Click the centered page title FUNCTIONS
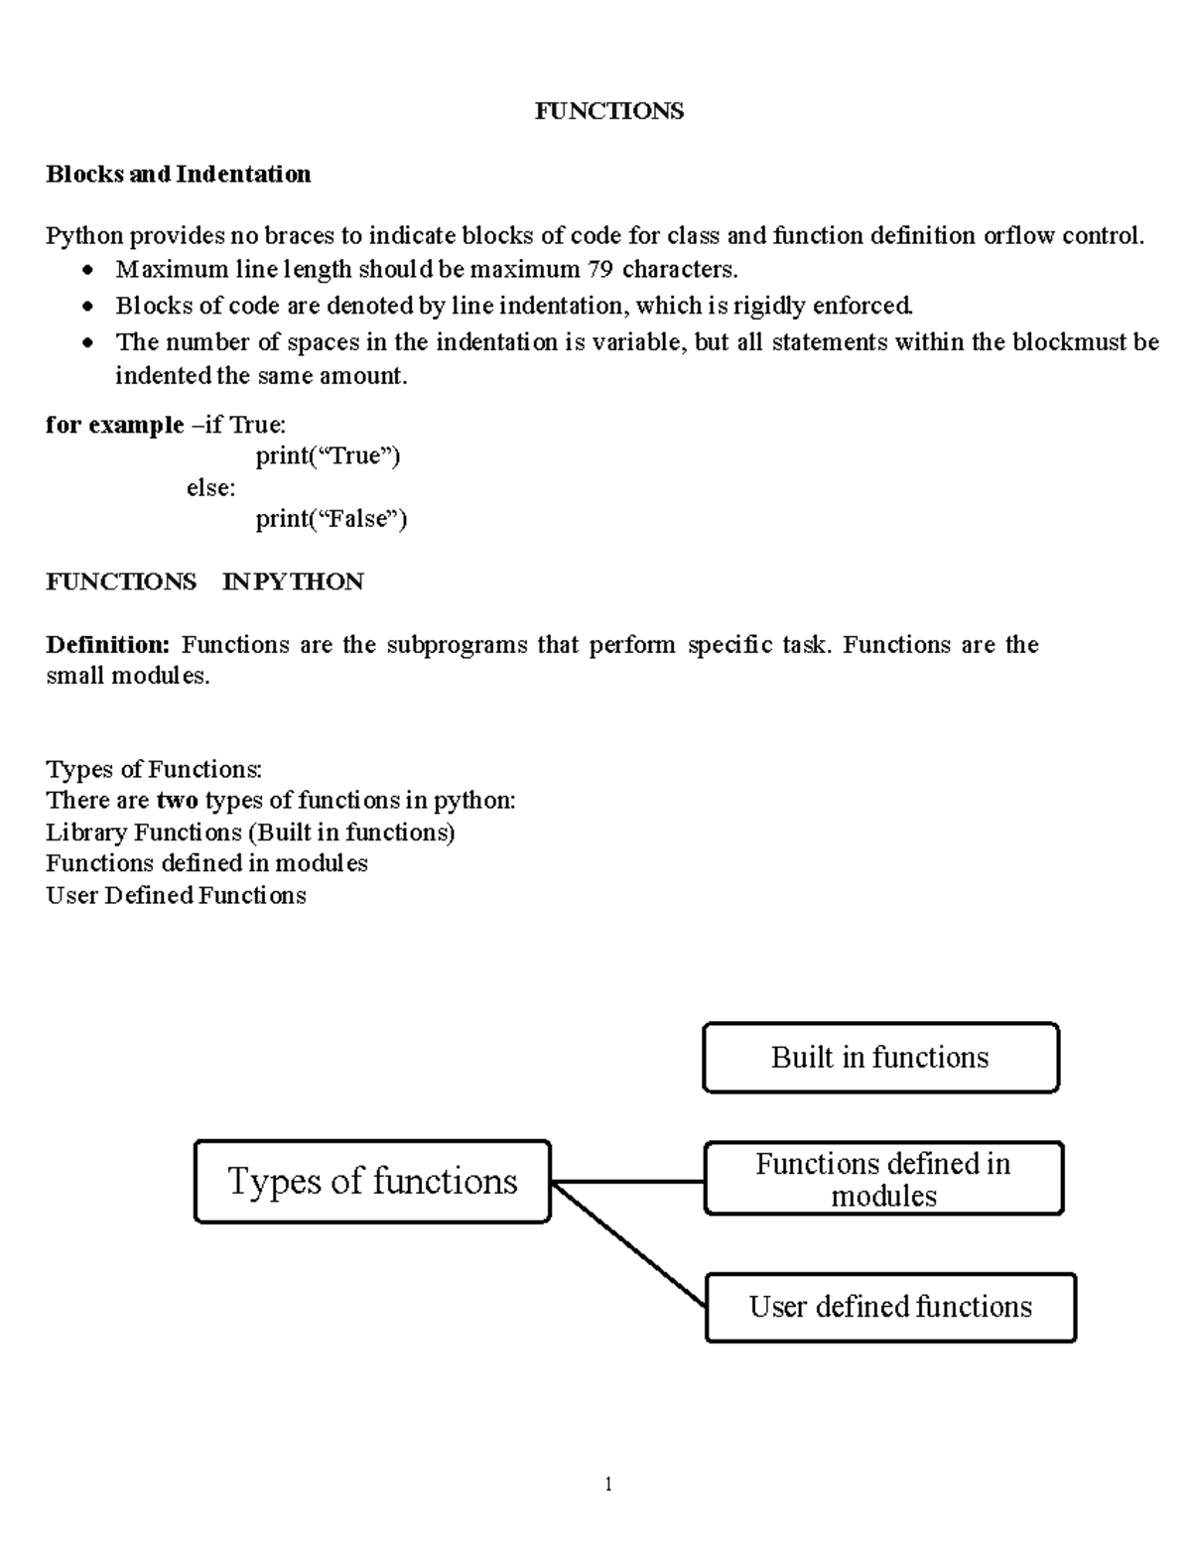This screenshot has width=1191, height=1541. point(608,110)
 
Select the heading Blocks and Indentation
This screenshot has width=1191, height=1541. point(179,175)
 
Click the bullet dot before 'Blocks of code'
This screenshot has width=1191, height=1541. point(89,307)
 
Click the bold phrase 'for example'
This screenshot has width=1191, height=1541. point(115,425)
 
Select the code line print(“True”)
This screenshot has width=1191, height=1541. point(328,456)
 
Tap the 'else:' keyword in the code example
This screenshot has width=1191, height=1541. point(210,487)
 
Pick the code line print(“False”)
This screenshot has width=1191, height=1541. point(331,519)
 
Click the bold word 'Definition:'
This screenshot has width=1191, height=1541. point(108,645)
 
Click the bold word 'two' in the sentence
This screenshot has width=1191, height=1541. point(177,800)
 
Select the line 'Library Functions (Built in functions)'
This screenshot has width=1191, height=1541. point(250,832)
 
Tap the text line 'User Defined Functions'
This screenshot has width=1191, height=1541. point(176,895)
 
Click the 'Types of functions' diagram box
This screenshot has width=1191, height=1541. point(372,1181)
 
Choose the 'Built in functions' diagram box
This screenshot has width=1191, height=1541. point(880,1058)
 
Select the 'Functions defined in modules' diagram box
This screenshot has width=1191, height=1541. point(883,1179)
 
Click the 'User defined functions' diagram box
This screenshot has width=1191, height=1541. point(890,1307)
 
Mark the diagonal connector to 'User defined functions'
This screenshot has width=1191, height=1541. point(627,1243)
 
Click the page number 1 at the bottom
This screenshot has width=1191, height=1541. point(608,1484)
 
